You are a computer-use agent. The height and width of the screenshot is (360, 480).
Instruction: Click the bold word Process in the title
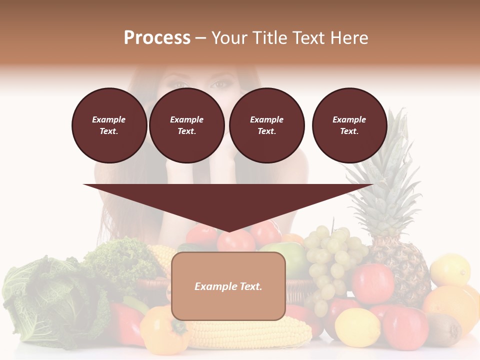pyautogui.click(x=157, y=38)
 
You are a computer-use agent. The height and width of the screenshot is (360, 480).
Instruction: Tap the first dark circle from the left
pyautogui.click(x=109, y=125)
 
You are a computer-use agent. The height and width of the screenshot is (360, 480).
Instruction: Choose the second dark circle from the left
pyautogui.click(x=186, y=125)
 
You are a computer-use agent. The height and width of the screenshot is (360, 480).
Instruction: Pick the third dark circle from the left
pyautogui.click(x=266, y=125)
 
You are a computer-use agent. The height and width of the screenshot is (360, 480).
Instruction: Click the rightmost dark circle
pyautogui.click(x=349, y=125)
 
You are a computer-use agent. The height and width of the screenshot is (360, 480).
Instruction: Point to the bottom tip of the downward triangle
pyautogui.click(x=228, y=231)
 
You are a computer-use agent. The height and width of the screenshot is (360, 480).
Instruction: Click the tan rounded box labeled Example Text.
pyautogui.click(x=228, y=286)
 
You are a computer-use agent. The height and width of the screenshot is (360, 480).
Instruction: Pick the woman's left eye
pyautogui.click(x=218, y=84)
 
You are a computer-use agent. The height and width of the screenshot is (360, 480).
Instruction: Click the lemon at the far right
pyautogui.click(x=450, y=270)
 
